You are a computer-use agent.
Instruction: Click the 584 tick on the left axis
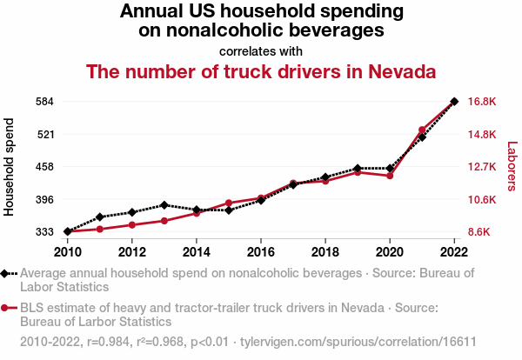tap(45, 102)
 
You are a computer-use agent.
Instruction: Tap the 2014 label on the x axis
tap(197, 252)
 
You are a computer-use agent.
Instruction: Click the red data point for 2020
tap(390, 176)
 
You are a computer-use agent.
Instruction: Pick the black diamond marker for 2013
tap(164, 205)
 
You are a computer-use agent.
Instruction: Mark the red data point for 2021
tap(422, 130)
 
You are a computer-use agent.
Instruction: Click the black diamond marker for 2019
tap(358, 168)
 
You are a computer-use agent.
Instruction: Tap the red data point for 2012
tap(132, 225)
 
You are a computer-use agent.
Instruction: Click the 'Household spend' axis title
tap(10, 168)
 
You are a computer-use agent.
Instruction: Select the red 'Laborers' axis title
tap(512, 167)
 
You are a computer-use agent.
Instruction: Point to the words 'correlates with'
tap(261, 51)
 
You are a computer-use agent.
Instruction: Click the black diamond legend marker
tap(6, 273)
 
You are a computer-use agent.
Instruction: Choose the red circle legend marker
tap(6, 307)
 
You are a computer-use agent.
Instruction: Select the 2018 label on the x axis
tap(325, 252)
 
